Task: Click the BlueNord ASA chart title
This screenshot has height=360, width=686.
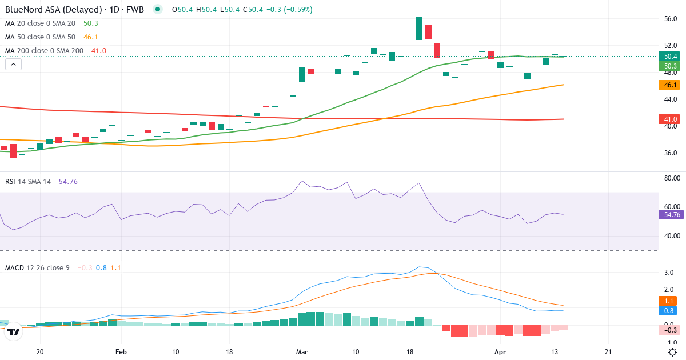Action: pyautogui.click(x=74, y=9)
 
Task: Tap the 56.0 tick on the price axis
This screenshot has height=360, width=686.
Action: pyautogui.click(x=670, y=19)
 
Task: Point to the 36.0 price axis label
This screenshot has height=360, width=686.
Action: pyautogui.click(x=670, y=153)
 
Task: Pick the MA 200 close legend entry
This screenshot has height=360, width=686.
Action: pyautogui.click(x=45, y=51)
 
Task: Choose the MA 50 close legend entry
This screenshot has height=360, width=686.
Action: pyautogui.click(x=41, y=37)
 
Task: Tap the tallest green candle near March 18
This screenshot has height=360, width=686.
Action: pyautogui.click(x=419, y=29)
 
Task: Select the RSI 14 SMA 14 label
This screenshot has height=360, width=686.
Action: pyautogui.click(x=28, y=182)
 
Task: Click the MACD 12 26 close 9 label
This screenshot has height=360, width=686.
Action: pyautogui.click(x=37, y=267)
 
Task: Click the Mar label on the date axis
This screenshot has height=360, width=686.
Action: pyautogui.click(x=302, y=352)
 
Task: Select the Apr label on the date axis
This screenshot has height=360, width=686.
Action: pyautogui.click(x=500, y=352)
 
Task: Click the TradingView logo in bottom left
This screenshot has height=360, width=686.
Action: pyautogui.click(x=14, y=331)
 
